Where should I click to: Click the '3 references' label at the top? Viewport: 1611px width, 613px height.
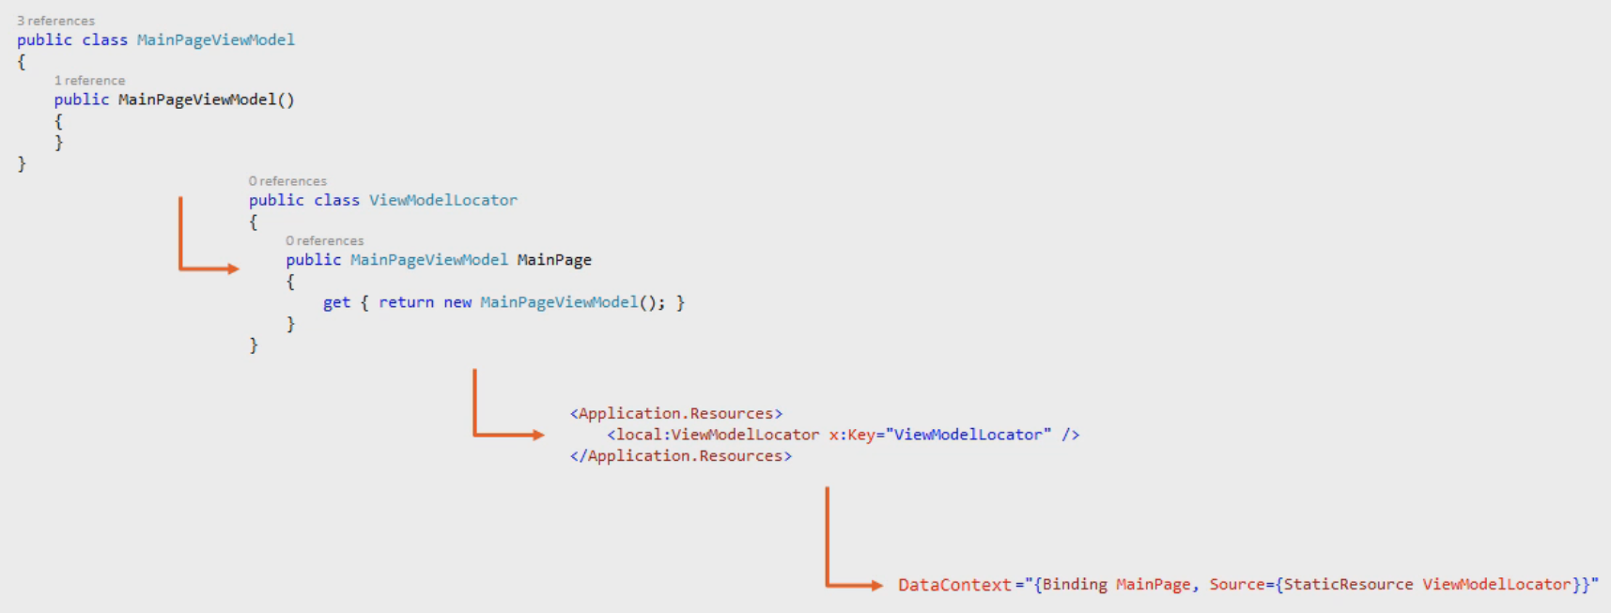coord(55,21)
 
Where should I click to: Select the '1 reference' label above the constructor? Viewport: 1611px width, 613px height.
coord(89,81)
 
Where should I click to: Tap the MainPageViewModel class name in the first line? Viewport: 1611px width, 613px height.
coord(215,39)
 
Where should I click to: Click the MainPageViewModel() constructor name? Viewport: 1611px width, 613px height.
coord(197,100)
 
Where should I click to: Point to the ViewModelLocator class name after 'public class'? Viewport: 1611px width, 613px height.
coord(442,200)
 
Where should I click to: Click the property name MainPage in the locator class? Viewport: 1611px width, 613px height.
coord(554,260)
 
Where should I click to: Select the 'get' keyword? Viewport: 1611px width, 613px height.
coord(336,302)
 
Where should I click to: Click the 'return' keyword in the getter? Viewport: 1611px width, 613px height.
coord(406,302)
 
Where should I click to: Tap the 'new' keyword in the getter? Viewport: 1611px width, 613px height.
coord(457,302)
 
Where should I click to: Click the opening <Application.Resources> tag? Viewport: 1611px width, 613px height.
coord(676,413)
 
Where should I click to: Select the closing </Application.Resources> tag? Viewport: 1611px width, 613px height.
coord(681,456)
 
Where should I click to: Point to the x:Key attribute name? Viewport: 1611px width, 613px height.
coord(851,435)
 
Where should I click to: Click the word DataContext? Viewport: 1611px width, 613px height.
coord(954,585)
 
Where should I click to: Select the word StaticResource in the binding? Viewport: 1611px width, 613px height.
coord(1348,585)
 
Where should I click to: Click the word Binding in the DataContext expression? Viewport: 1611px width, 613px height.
coord(1075,585)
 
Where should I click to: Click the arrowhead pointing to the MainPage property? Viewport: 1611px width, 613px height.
coord(233,269)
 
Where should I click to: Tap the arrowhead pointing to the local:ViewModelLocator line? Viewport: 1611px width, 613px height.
coord(538,435)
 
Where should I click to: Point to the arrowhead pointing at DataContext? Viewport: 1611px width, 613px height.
coord(876,586)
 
